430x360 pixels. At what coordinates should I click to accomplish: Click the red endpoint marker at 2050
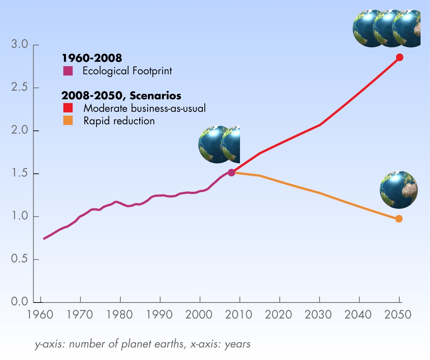tap(399, 57)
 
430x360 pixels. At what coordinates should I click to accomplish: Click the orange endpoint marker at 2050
tap(399, 219)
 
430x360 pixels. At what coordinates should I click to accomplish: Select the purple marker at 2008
tap(231, 172)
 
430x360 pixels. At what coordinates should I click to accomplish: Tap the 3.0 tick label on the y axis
tap(19, 45)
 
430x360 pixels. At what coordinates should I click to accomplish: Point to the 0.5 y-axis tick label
tap(19, 259)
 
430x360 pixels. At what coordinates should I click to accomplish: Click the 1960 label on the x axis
tap(40, 315)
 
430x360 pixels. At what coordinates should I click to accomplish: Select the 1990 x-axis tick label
tap(160, 315)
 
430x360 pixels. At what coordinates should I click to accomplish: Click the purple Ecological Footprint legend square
tap(68, 71)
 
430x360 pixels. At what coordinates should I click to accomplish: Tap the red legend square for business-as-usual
tap(68, 107)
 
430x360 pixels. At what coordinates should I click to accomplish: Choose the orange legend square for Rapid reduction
tap(68, 121)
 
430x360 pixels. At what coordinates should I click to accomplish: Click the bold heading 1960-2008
tap(92, 58)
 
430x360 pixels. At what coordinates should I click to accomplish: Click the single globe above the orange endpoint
tap(399, 190)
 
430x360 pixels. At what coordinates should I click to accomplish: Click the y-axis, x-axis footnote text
tap(142, 344)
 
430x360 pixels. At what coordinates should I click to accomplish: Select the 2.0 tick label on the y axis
tap(19, 131)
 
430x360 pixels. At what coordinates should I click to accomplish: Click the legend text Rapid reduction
tap(119, 121)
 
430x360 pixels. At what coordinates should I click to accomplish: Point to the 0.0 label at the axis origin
tap(19, 302)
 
